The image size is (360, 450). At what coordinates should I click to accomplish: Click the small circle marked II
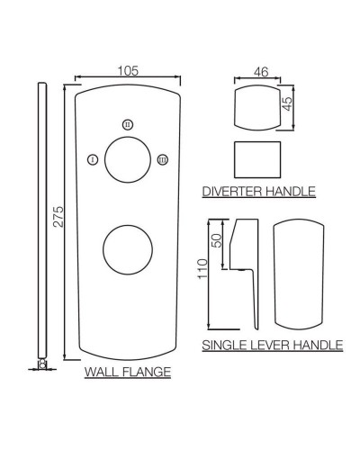127,123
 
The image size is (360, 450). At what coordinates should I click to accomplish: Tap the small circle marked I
93,159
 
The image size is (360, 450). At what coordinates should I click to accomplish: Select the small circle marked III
161,159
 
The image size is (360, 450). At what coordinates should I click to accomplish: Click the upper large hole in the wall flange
127,161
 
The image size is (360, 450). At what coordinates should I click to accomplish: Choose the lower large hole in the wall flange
127,249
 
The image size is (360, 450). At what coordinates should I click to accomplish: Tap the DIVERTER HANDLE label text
258,191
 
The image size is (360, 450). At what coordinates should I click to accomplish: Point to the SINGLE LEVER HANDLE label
272,344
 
